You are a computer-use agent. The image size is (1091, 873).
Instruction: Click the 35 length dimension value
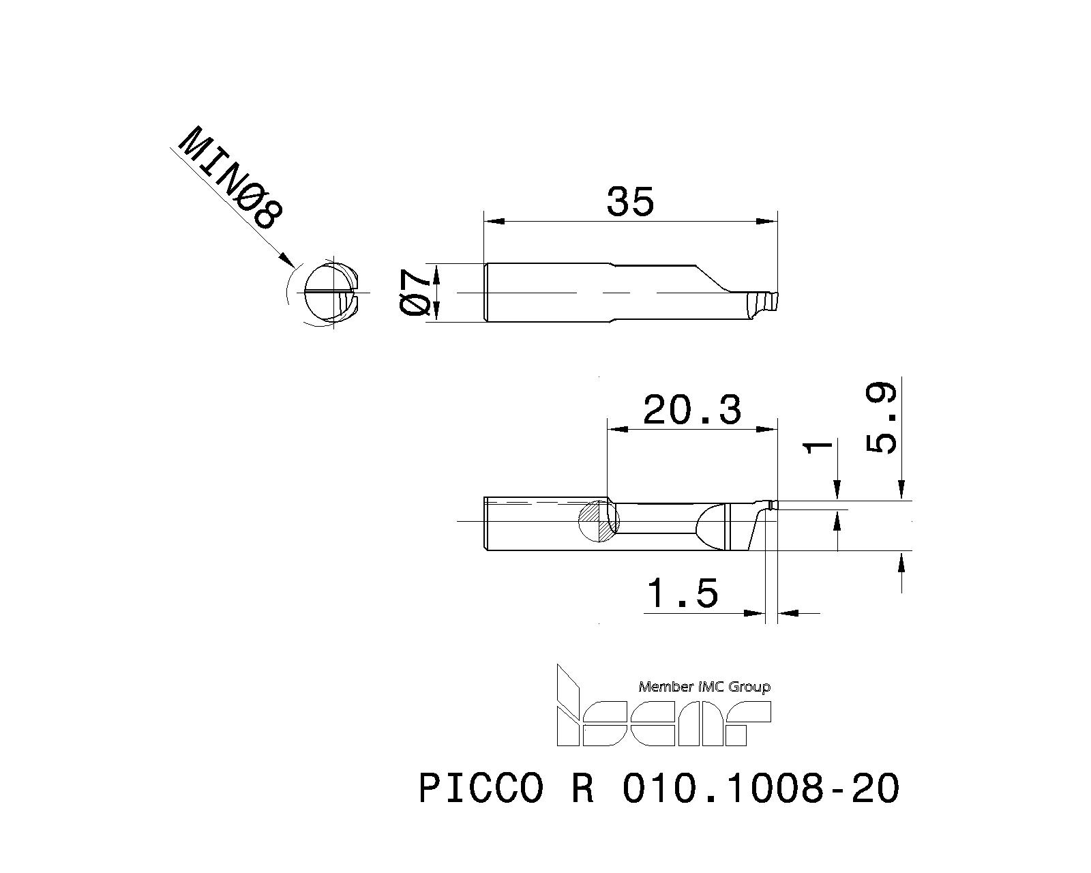point(630,202)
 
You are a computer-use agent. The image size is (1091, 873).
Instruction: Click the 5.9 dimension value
point(882,419)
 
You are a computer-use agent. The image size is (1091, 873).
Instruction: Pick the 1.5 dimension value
point(683,593)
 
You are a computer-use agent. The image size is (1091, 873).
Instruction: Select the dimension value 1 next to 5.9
point(819,447)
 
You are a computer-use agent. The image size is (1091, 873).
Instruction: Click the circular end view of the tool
point(331,293)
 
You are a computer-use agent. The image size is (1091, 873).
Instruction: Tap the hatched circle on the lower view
point(598,522)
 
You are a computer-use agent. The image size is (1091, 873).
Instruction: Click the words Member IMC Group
point(704,687)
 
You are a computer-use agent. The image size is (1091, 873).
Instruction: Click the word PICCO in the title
point(481,788)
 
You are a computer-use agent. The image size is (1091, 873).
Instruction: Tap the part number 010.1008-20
point(761,788)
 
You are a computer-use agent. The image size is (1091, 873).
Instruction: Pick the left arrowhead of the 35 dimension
point(492,221)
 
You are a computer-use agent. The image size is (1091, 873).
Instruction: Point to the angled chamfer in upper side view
point(712,278)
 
